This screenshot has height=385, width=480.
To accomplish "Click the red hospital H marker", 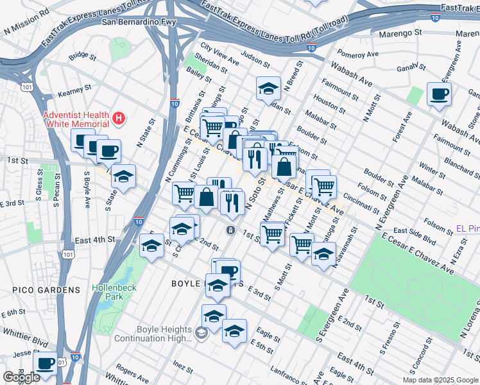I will (x=118, y=118).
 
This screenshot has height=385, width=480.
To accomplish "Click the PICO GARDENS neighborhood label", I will (x=46, y=290).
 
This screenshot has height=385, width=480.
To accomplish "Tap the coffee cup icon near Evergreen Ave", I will (x=439, y=94).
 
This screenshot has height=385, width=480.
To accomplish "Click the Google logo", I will (x=21, y=377).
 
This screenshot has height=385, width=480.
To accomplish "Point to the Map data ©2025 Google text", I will (x=440, y=380).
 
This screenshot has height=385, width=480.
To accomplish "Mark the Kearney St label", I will (x=71, y=94).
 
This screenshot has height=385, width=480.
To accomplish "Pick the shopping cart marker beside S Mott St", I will (x=301, y=244).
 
